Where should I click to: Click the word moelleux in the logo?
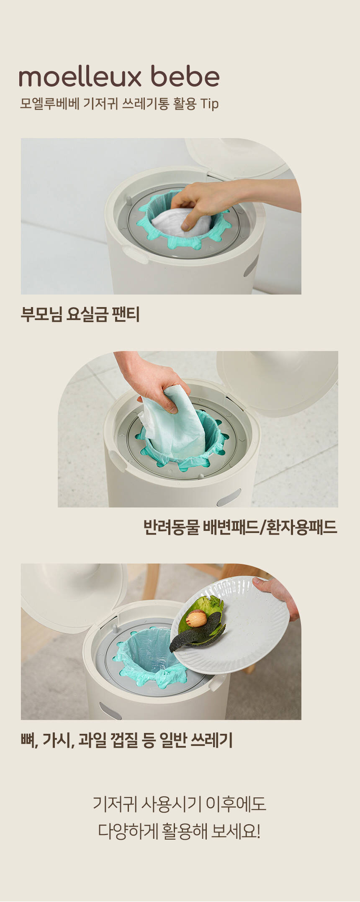(80, 77)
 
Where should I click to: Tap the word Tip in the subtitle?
(209, 104)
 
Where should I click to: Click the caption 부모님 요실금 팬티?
(80, 314)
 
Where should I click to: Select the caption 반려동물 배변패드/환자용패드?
(240, 527)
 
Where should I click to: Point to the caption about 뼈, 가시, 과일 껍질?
(126, 740)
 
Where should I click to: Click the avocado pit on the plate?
(196, 618)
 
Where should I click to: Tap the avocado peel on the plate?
(198, 623)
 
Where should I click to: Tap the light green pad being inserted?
(172, 427)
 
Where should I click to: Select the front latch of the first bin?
(134, 254)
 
